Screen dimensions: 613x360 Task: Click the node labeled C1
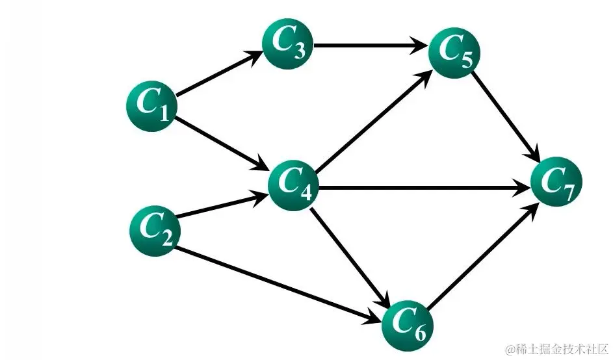pyautogui.click(x=151, y=106)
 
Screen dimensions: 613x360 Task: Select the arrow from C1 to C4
pyautogui.click(x=221, y=143)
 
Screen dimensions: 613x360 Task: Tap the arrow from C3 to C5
pyautogui.click(x=371, y=46)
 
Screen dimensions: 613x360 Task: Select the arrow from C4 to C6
pyautogui.click(x=351, y=257)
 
